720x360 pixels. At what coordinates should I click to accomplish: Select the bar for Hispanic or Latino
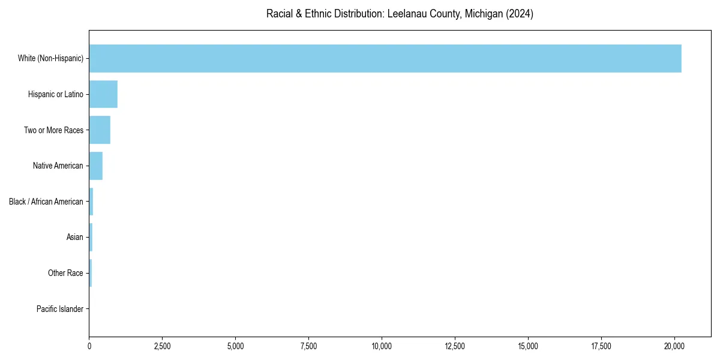click(103, 94)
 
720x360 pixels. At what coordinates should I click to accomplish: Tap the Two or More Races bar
click(100, 130)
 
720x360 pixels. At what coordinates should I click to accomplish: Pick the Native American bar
click(96, 166)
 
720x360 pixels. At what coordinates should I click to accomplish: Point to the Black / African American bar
click(91, 202)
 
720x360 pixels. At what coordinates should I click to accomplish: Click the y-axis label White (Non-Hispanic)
click(50, 58)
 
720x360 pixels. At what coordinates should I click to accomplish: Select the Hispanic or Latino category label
click(56, 94)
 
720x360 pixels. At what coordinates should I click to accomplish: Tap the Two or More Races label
click(53, 130)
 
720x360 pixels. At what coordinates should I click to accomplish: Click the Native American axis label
click(58, 166)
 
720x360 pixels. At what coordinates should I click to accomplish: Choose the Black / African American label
click(46, 202)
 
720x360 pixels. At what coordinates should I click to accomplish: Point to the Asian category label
click(75, 238)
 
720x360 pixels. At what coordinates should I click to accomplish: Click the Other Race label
click(65, 274)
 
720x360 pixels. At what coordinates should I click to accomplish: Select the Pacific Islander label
click(60, 309)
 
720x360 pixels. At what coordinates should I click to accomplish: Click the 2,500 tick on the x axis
click(163, 346)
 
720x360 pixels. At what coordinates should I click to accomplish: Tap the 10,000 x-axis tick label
click(382, 346)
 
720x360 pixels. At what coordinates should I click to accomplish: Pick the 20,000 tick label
click(674, 346)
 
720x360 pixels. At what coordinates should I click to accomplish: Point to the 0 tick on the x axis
click(89, 346)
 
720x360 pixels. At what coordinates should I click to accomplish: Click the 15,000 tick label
click(528, 346)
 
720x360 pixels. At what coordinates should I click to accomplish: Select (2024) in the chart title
click(520, 14)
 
